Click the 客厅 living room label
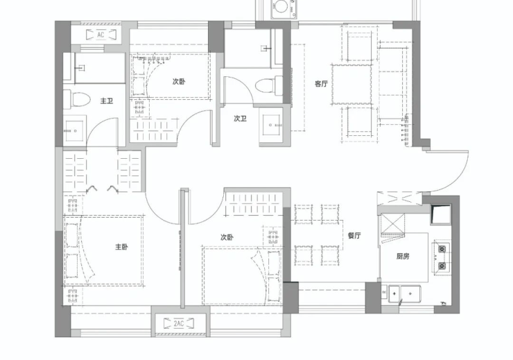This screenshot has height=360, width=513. coord(321,84)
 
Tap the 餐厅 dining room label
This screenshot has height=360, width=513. coord(354,235)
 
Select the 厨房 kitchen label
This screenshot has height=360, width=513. coord(403,256)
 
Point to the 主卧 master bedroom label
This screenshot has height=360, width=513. coord(121,247)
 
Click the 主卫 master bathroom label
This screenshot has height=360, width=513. coord(107,101)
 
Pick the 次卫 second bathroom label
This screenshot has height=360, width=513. coord(240,119)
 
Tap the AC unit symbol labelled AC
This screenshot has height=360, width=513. coord(101,35)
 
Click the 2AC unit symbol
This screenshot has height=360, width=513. coord(179,323)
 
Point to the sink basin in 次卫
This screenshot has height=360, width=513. coord(270,125)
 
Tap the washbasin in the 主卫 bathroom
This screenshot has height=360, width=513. coord(75,130)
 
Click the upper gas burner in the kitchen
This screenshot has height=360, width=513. coord(442,250)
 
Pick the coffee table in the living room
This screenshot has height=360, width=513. coord(351,85)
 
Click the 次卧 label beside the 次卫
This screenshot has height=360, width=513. coord(179,81)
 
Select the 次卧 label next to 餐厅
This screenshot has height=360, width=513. coord(227,237)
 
